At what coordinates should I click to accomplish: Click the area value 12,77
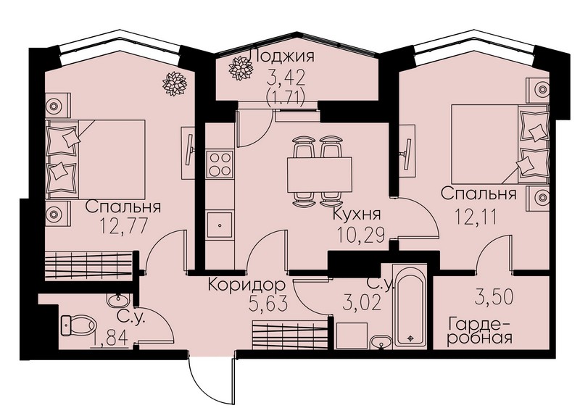(123, 225)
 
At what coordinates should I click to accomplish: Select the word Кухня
(357, 215)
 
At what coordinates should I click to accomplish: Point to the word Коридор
(246, 285)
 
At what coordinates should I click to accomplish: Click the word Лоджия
(282, 57)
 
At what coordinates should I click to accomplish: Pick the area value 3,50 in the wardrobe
(494, 297)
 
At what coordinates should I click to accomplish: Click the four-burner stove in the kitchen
(220, 165)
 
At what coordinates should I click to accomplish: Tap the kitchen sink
(220, 225)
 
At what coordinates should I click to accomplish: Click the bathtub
(410, 305)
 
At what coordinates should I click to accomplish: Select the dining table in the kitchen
(320, 174)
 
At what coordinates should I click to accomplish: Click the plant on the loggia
(241, 68)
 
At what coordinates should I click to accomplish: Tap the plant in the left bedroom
(175, 84)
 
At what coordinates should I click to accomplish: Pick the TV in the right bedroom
(407, 152)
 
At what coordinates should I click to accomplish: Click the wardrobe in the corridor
(291, 335)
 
